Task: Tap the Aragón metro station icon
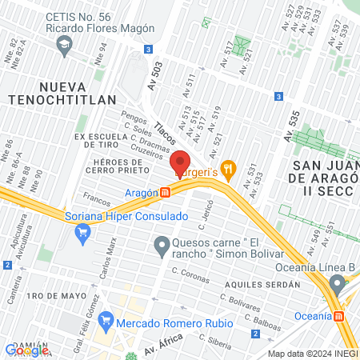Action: (165, 193)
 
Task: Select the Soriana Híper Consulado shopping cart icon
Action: (81, 233)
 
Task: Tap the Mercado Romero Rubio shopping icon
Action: (106, 322)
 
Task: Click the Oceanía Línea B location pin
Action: (338, 284)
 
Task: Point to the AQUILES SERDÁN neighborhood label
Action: (262, 284)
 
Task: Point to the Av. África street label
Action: (163, 346)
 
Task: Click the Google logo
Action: (26, 350)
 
